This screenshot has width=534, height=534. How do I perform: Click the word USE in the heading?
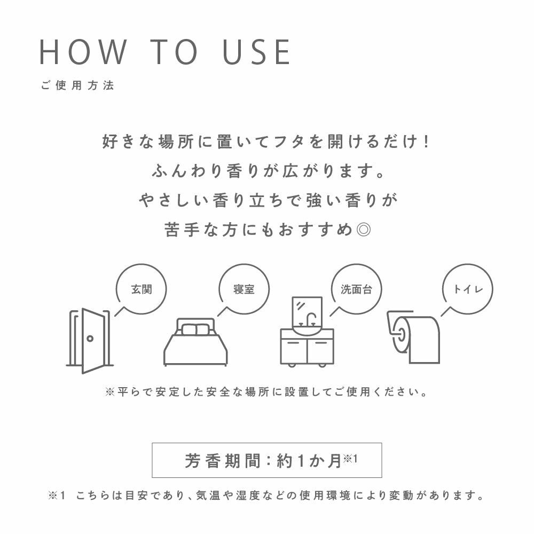(256, 52)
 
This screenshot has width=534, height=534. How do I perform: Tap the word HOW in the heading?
(83, 52)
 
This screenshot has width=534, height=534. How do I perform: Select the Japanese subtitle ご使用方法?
(77, 85)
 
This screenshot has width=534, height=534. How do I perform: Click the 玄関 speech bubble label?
(142, 289)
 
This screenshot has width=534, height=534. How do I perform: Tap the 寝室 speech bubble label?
(244, 289)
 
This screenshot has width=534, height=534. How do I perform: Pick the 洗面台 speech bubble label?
(356, 289)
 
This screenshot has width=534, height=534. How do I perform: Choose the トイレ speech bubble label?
(468, 289)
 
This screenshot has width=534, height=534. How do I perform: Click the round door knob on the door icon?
(90, 339)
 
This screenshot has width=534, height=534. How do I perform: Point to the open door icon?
(90, 341)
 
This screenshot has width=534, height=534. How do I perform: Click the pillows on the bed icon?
(195, 329)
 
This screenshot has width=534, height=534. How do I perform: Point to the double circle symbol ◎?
(363, 230)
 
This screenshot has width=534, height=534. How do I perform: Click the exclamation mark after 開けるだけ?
(426, 142)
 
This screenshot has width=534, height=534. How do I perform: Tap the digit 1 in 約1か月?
(301, 461)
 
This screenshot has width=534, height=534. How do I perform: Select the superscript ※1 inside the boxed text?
(350, 458)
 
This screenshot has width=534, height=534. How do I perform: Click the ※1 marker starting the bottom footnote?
(57, 496)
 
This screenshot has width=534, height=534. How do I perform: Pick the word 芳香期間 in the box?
(223, 461)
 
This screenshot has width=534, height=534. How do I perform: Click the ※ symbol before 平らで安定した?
(110, 392)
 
